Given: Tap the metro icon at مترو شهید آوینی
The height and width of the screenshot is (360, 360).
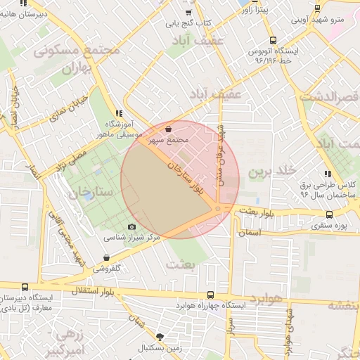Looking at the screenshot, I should (x=317, y=8).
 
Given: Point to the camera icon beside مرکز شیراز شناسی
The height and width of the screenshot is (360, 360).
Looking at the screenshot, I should (x=131, y=226).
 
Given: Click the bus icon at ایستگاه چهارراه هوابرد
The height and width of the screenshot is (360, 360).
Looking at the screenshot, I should (x=210, y=295).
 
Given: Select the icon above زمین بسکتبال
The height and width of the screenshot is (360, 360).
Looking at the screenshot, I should (x=160, y=337).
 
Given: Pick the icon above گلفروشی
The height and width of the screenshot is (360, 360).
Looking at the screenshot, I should (x=106, y=257).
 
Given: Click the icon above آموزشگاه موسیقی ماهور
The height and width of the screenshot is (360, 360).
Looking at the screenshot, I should (x=118, y=113).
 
